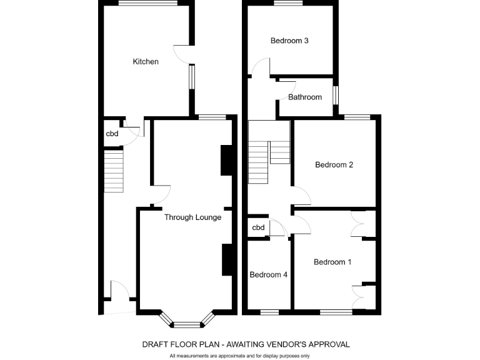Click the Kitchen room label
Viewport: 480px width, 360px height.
click(x=146, y=62)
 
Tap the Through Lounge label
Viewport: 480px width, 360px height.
click(x=192, y=217)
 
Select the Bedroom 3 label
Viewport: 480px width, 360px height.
click(x=289, y=41)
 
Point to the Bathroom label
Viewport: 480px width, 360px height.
click(x=305, y=97)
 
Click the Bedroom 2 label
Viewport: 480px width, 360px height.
click(x=334, y=165)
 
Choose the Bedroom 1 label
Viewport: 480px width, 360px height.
click(x=332, y=262)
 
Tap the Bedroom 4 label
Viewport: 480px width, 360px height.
click(x=269, y=274)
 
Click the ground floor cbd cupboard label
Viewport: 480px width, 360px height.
click(x=112, y=134)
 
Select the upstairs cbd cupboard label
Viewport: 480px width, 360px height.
click(x=258, y=227)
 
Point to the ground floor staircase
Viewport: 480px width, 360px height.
click(x=114, y=172)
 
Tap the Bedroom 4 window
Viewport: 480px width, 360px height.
click(x=269, y=311)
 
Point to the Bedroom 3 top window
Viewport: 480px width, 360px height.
click(x=288, y=2)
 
